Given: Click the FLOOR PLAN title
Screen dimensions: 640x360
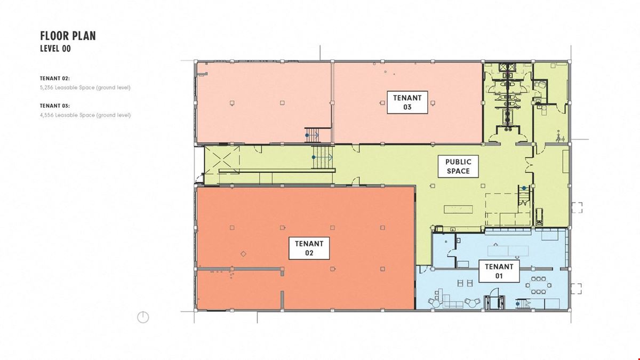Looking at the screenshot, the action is coord(68,36).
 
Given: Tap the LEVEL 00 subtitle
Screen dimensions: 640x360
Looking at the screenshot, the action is coord(55,49).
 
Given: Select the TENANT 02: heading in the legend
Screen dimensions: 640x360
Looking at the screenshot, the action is coord(55,78).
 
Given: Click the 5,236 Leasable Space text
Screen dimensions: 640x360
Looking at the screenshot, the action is coord(85,87).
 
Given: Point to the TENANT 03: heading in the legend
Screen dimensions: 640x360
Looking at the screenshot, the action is coord(55,106).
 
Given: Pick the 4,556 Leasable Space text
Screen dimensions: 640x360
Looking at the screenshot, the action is coord(85,115).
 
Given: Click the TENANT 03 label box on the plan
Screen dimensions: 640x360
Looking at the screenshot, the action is coord(407,102).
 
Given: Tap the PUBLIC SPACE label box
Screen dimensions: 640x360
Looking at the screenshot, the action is coord(458,166).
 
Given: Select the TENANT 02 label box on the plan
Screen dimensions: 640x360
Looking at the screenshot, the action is coord(309,248).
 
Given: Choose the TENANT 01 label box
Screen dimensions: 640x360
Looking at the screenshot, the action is coord(499,271).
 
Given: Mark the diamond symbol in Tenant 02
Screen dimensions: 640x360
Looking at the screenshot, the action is coord(243,254).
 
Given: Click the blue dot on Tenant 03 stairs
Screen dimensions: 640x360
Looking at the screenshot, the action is coord(307,135).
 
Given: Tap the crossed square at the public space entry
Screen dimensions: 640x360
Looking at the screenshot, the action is coord(222,160).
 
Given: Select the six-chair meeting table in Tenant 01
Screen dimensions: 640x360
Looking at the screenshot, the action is coord(539,285).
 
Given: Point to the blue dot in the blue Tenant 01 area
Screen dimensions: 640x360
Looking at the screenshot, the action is coord(517,304).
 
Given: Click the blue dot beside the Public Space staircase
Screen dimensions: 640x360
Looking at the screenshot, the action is coord(524,188).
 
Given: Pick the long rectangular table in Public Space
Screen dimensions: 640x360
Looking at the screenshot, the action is coord(458,209).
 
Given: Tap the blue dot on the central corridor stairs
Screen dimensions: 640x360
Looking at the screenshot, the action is coord(314,157).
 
